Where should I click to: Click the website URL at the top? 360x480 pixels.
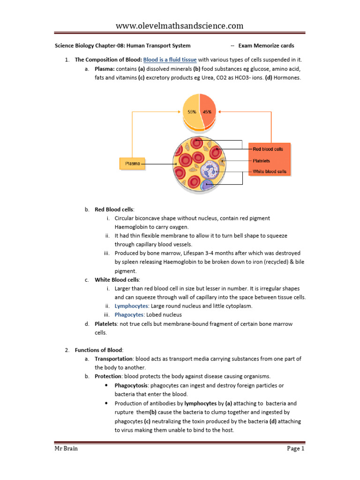tap(180, 25)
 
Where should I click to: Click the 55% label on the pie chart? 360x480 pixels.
tap(192, 112)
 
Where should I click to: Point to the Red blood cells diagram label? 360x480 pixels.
tap(268, 149)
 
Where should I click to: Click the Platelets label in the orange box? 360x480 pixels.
tap(261, 160)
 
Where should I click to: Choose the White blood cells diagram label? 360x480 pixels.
tap(269, 172)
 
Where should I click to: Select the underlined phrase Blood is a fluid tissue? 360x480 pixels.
tap(170, 60)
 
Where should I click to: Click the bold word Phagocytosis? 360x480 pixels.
tap(133, 385)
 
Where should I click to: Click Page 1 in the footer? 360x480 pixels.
tap(296, 449)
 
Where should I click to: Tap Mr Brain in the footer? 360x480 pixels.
tap(65, 449)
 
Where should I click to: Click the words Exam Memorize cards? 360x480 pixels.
tap(266, 46)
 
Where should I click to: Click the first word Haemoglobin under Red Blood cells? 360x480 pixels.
tap(135, 227)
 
